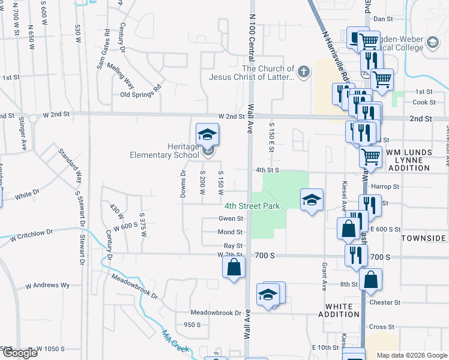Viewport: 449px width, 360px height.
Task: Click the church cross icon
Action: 304,73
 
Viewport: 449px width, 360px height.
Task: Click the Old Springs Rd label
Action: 141,95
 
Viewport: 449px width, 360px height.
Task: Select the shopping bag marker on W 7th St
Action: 234,266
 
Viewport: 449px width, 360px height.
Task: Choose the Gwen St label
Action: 231,218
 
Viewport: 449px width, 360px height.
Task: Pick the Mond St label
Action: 230,232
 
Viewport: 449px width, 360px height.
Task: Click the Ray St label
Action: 233,246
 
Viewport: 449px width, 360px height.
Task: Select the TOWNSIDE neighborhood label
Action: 424,238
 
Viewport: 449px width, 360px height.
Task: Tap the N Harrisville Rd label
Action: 336,56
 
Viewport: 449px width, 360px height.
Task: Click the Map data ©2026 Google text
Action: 411,355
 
